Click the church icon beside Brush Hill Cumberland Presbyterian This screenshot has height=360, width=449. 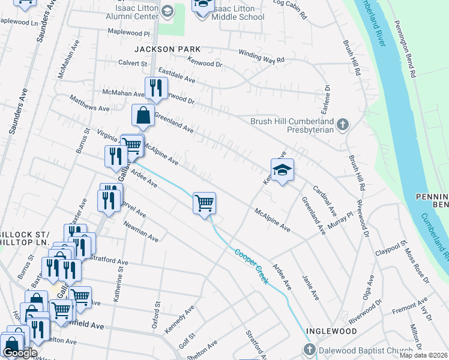coord(343,124)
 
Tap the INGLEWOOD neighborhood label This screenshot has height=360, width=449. coord(331,331)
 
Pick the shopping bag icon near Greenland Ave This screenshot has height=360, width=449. coord(143,116)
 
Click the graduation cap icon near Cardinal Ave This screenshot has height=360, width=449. coord(282,170)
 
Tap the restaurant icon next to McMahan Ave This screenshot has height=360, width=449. coord(155,88)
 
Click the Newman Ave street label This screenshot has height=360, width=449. coord(141,230)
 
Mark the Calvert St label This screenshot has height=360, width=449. coord(133,63)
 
